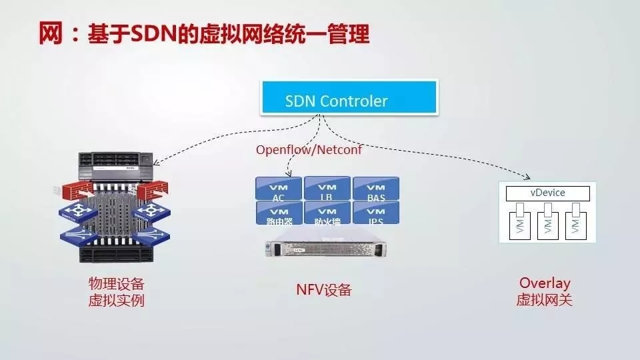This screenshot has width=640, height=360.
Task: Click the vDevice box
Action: [x=547, y=193]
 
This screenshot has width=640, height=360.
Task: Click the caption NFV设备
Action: [x=323, y=290]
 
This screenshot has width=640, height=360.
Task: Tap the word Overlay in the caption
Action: [x=545, y=283]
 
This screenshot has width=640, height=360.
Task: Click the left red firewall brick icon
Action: [x=71, y=190]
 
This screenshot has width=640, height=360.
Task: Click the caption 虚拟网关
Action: [x=545, y=300]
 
